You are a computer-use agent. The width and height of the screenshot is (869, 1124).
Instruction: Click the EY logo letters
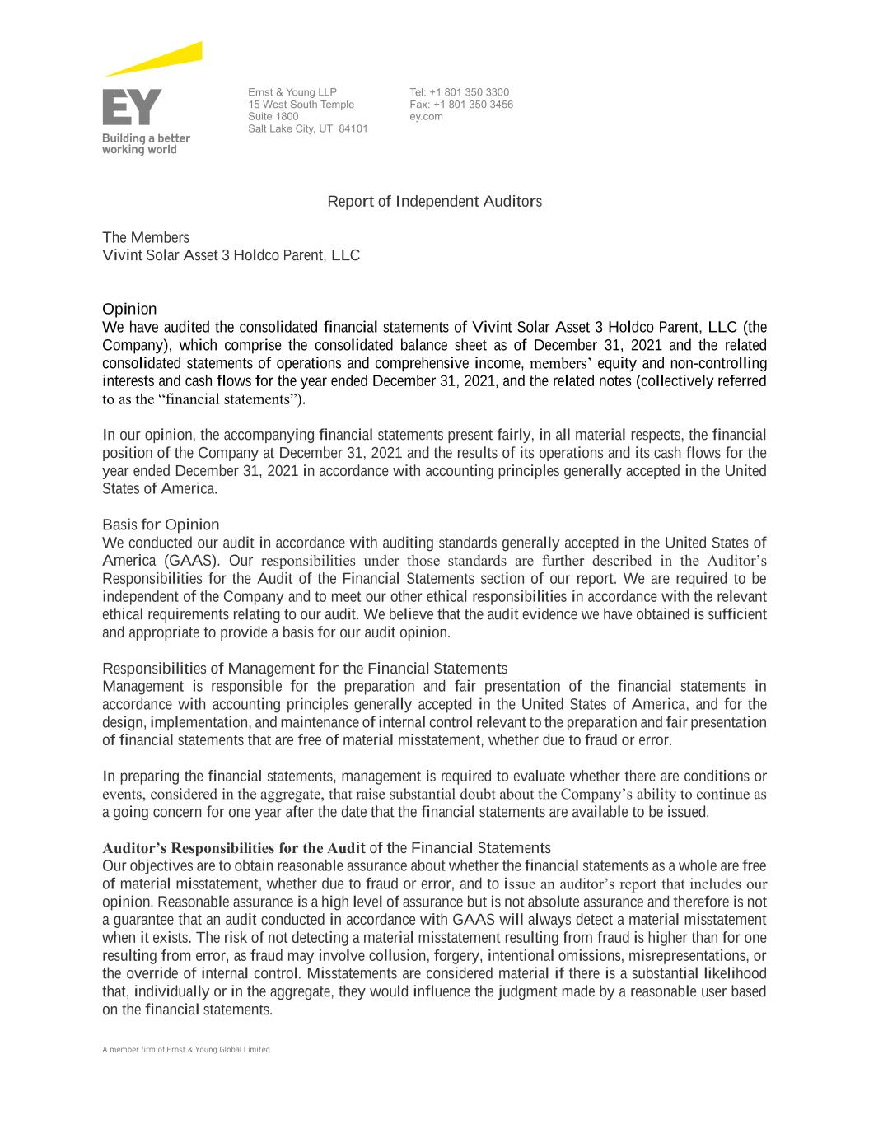pyautogui.click(x=132, y=107)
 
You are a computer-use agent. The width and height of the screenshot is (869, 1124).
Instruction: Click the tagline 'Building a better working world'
pyautogui.click(x=146, y=144)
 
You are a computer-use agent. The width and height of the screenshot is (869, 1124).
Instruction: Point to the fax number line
pyautogui.click(x=461, y=105)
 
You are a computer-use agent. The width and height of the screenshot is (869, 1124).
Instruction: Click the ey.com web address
pyautogui.click(x=426, y=117)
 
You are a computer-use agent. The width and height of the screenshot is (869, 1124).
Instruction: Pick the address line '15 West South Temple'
pyautogui.click(x=301, y=105)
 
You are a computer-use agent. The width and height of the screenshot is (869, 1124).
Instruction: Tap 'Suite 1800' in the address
pyautogui.click(x=273, y=117)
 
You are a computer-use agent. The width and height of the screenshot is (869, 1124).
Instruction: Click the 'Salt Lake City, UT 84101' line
pyautogui.click(x=307, y=129)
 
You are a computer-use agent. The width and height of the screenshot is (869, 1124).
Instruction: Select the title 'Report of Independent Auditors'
pyautogui.click(x=434, y=202)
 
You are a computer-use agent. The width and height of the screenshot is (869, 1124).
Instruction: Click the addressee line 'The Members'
pyautogui.click(x=146, y=238)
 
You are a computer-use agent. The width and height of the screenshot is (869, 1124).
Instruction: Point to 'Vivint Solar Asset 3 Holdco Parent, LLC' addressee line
pyautogui.click(x=231, y=255)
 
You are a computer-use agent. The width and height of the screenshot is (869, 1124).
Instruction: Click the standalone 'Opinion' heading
pyautogui.click(x=129, y=310)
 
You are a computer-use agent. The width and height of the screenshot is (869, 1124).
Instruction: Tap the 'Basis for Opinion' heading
pyautogui.click(x=161, y=525)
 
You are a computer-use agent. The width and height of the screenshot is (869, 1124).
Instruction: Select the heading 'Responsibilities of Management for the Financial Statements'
pyautogui.click(x=305, y=669)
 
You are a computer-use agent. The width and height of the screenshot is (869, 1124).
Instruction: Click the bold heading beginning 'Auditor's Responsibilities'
pyautogui.click(x=326, y=848)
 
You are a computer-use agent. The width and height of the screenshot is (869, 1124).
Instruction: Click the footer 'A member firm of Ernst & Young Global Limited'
pyautogui.click(x=186, y=1050)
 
